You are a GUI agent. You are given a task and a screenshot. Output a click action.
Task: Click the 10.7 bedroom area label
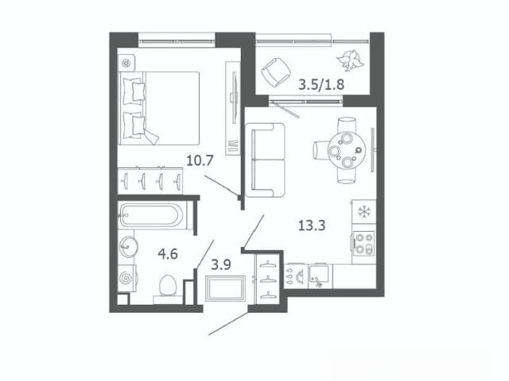point(200,160)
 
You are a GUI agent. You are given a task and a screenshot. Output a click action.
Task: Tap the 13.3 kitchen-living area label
point(312,225)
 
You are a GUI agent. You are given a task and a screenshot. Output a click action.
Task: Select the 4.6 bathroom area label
point(168,254)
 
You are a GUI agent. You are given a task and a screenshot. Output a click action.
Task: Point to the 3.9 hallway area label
point(221,265)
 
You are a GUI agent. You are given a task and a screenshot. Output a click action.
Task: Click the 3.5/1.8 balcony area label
point(321,85)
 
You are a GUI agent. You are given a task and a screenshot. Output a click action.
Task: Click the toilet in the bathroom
point(168,288)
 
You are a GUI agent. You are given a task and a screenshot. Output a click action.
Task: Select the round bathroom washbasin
point(128,246)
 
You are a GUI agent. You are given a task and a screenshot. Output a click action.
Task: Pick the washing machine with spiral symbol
point(127,278)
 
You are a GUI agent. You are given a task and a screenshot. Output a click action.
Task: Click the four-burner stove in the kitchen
point(363,244)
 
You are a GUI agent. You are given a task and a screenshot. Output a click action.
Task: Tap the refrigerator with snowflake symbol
point(364,212)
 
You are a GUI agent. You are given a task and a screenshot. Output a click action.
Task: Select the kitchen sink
point(321,276)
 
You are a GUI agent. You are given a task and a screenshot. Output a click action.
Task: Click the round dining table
point(347,151)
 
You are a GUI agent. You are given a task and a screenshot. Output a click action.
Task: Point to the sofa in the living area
point(265,160)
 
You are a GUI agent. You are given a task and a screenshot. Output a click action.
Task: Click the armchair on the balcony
point(276,72)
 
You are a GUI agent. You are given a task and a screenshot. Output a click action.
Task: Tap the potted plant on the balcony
point(350,60)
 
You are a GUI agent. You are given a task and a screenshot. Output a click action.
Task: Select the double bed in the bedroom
point(159,108)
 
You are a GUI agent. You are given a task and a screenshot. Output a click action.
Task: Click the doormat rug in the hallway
point(226,288)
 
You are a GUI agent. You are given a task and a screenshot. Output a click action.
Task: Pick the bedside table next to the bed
point(126,63)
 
